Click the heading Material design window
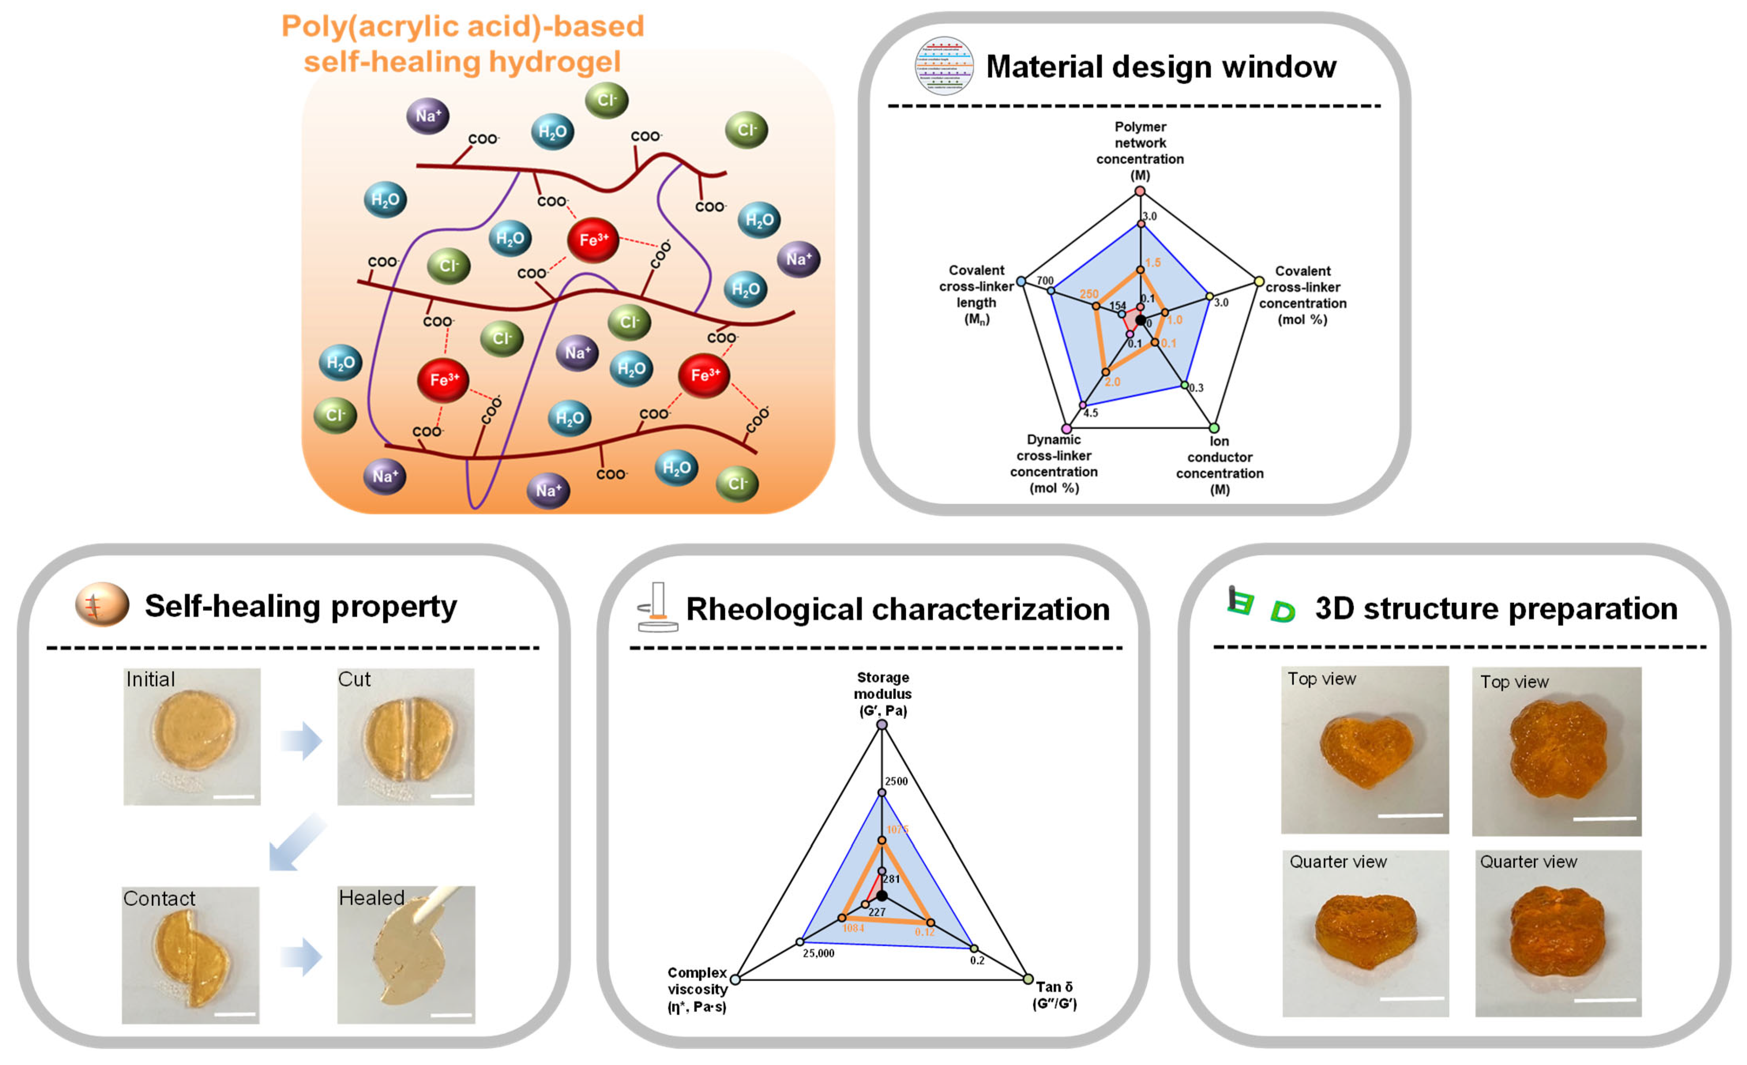pyautogui.click(x=1161, y=67)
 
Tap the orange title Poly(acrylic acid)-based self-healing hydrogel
pyautogui.click(x=462, y=44)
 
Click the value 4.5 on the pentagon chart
pyautogui.click(x=1090, y=413)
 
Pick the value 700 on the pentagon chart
pyautogui.click(x=1045, y=281)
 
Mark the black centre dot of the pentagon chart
pyautogui.click(x=1140, y=320)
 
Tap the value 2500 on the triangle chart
pyautogui.click(x=896, y=781)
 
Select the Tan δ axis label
pyautogui.click(x=1054, y=994)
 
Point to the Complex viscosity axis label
pyautogui.click(x=697, y=989)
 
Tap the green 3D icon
pyautogui.click(x=1262, y=605)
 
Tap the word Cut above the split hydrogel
pyautogui.click(x=354, y=679)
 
